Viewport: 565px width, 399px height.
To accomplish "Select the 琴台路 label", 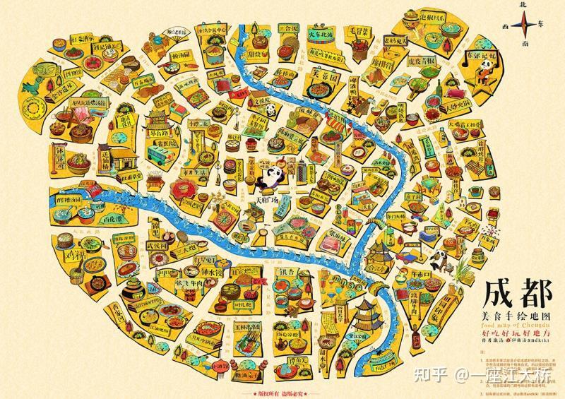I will point(162,131).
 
